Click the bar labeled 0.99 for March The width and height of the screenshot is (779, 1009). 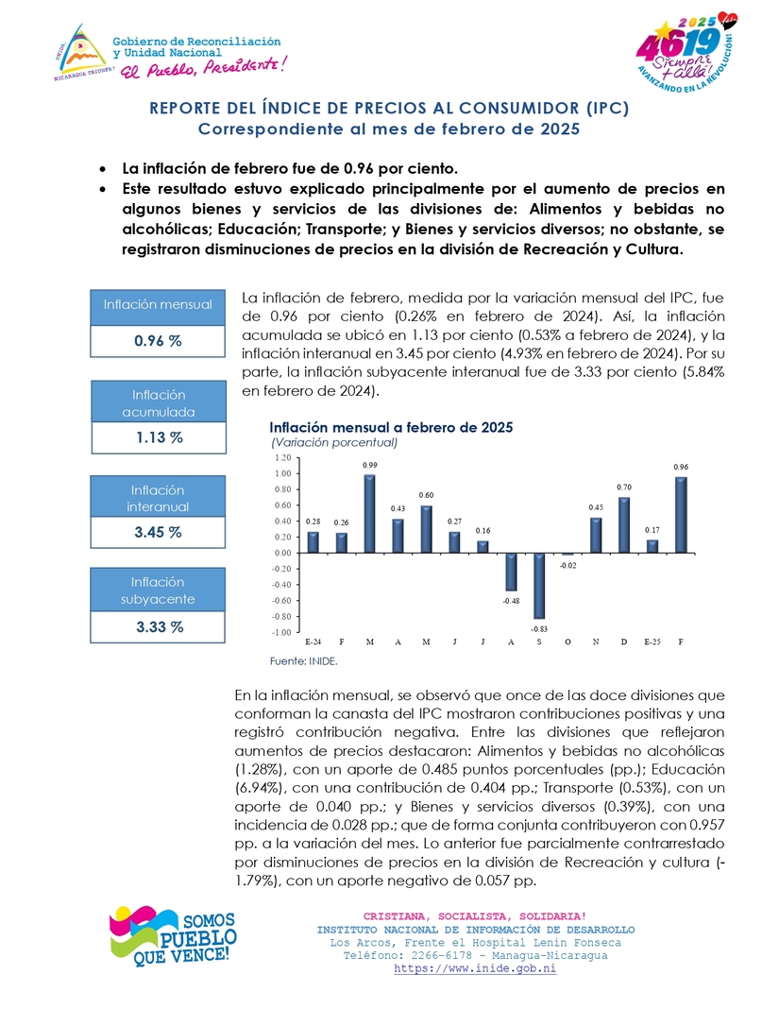(x=370, y=513)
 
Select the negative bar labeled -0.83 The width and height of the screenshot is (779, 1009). (x=539, y=586)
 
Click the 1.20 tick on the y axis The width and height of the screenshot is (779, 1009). (x=285, y=457)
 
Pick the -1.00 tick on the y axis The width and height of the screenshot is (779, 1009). (x=284, y=632)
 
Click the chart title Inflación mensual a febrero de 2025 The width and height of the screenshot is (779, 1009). (x=391, y=427)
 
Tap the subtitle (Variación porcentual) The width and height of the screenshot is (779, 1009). (x=334, y=441)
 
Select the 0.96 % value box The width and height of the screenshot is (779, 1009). (x=158, y=341)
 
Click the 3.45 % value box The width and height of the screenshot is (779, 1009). (x=158, y=532)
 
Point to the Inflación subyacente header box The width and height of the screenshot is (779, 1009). (x=158, y=590)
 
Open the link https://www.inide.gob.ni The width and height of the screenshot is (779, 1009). (x=475, y=969)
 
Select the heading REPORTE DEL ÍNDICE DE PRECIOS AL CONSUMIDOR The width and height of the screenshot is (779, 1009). (x=389, y=109)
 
